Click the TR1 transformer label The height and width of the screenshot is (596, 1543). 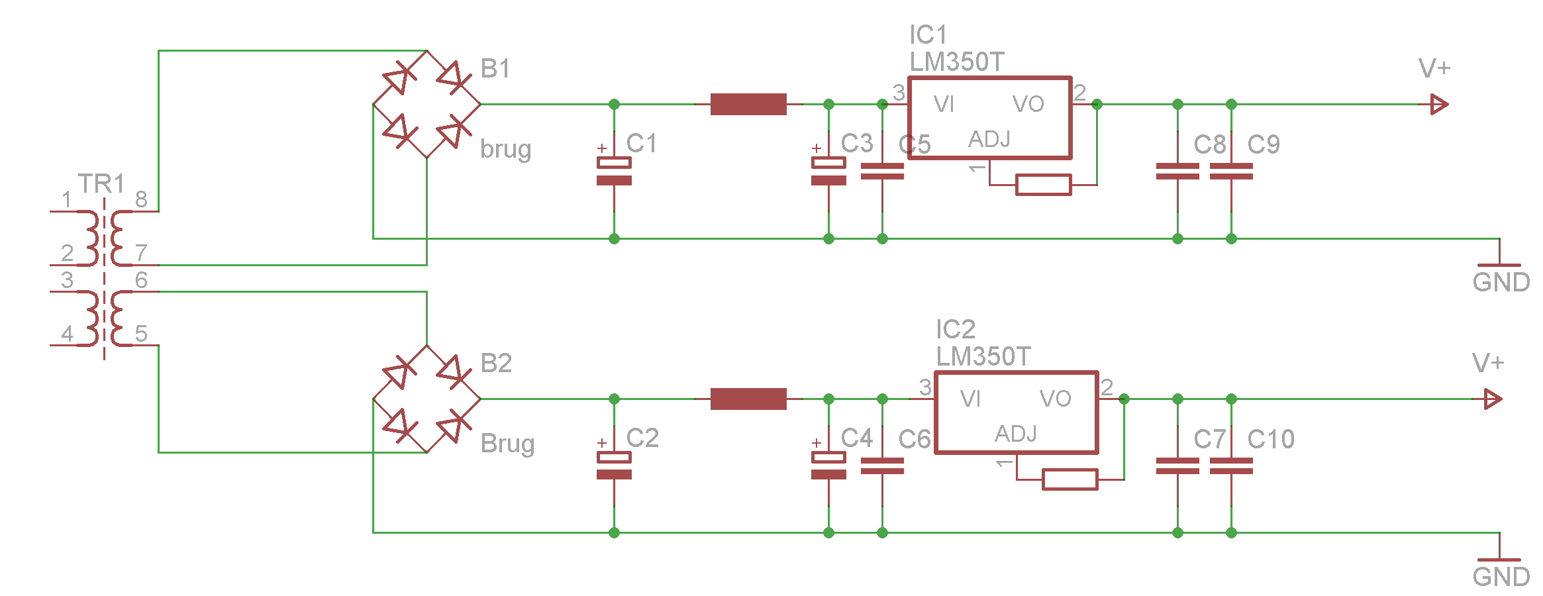tap(101, 183)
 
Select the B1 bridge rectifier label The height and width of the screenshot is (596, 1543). tap(495, 69)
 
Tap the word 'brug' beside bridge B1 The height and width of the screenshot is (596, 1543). tap(505, 150)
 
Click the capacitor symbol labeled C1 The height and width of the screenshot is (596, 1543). tap(614, 172)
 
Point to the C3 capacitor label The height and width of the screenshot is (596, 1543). tap(857, 143)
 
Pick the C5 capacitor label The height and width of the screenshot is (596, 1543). tap(915, 144)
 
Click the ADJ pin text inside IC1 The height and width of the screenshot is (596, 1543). tap(989, 139)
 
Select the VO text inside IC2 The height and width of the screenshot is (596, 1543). tap(1055, 399)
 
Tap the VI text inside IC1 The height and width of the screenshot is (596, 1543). tap(944, 104)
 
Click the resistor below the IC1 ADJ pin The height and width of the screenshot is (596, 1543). tap(1043, 185)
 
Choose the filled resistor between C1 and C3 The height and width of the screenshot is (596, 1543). tap(748, 104)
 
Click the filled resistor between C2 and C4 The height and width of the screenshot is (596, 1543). tap(748, 399)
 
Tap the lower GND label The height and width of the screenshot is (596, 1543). tap(1501, 577)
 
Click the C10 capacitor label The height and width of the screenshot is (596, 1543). tap(1270, 439)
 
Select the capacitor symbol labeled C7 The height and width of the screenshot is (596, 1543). tap(1177, 466)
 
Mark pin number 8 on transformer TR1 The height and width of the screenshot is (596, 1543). tap(141, 199)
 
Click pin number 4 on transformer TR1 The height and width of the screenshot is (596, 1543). tap(67, 333)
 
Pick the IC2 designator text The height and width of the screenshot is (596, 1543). tap(955, 329)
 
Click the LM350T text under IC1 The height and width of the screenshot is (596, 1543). tap(956, 62)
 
